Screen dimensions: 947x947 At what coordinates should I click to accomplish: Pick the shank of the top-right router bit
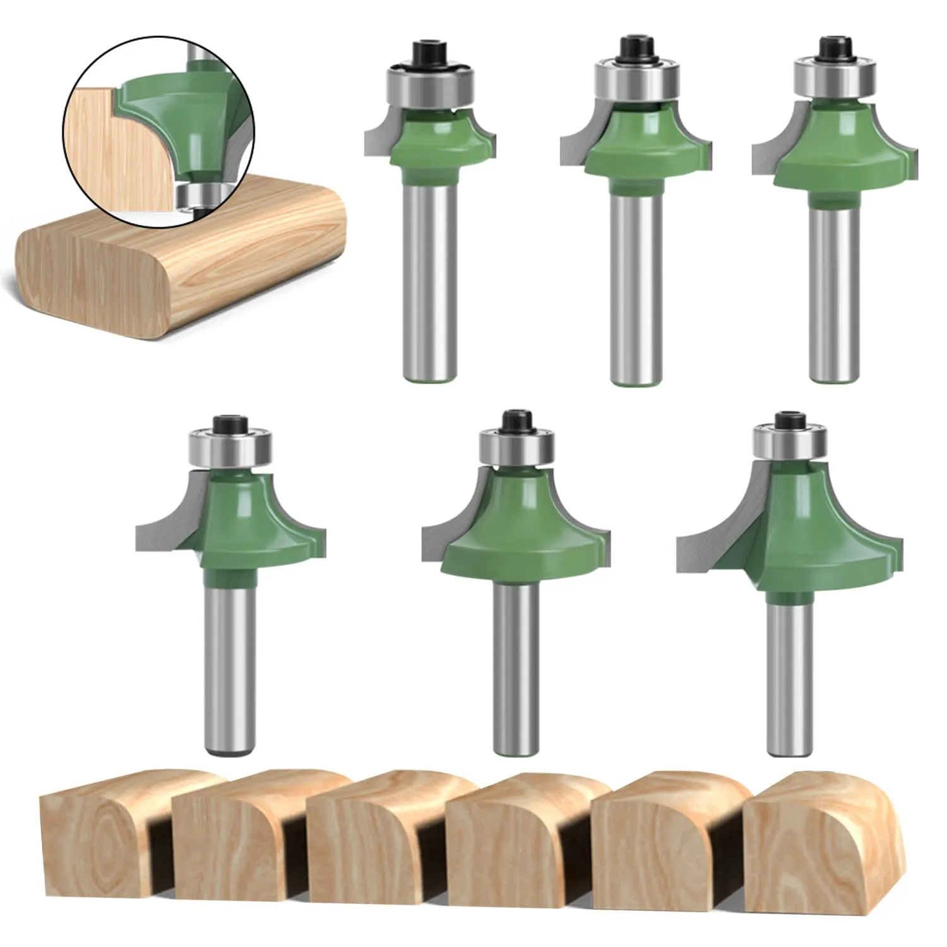tap(834, 290)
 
